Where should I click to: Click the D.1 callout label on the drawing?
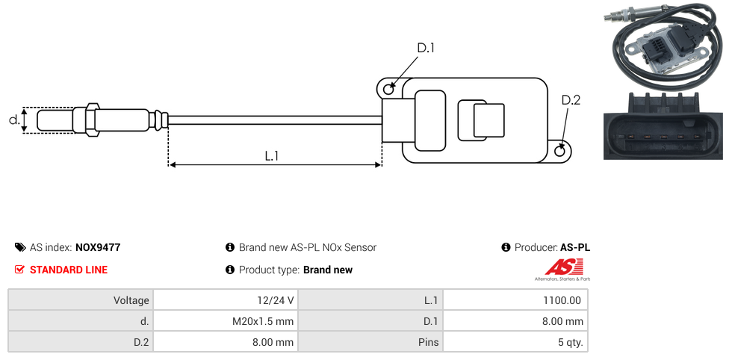(x=425, y=49)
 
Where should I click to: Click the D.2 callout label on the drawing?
(x=571, y=101)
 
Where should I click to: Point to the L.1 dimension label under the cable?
(x=272, y=155)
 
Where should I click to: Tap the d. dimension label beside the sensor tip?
(x=13, y=120)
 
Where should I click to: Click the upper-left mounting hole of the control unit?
(x=388, y=90)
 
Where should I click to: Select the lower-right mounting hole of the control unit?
(x=561, y=152)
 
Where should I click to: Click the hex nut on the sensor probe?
(x=93, y=120)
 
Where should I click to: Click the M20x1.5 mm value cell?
(x=263, y=321)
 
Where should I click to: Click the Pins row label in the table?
(x=429, y=343)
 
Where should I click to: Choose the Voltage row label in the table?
(x=131, y=300)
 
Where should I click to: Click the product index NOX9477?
(x=98, y=247)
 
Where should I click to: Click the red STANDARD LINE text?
(x=69, y=270)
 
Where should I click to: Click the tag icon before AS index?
(x=20, y=247)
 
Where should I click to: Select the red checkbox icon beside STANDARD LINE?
(x=20, y=270)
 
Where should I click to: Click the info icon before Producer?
(x=506, y=247)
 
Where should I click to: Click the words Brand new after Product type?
(x=328, y=270)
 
